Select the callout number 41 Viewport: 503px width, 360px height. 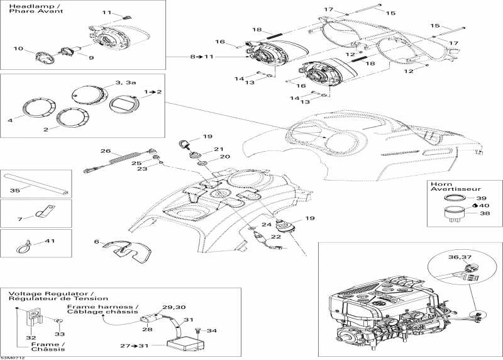(50, 240)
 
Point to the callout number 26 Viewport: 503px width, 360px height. (106, 151)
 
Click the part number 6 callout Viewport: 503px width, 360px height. (96, 242)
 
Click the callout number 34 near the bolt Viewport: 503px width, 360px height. (212, 330)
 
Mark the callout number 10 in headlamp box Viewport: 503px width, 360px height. (18, 48)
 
